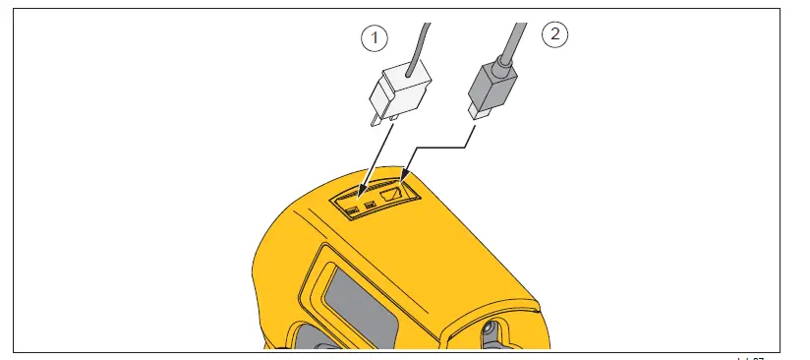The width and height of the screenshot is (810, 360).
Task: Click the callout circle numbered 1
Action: (372, 38)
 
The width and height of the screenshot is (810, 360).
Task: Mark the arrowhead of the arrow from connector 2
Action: (403, 180)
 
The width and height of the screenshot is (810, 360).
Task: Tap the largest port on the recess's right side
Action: (393, 196)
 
